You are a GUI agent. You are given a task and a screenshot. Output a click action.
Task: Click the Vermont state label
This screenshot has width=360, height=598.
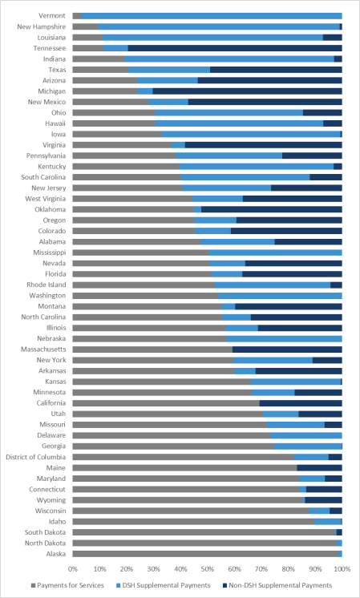tap(52, 16)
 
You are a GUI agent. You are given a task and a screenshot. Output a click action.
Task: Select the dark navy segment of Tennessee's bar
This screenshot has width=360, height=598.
tap(235, 48)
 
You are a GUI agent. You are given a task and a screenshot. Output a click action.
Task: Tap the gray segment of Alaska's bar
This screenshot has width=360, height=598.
tap(205, 554)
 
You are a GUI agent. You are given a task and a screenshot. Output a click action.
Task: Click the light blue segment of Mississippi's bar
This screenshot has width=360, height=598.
tap(275, 253)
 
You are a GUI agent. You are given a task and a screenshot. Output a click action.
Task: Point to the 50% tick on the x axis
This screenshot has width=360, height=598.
tap(208, 569)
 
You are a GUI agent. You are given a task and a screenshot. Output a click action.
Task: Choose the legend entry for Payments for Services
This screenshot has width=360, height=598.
tap(67, 585)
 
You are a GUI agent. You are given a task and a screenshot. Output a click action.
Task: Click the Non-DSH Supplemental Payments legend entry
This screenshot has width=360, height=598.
tap(277, 585)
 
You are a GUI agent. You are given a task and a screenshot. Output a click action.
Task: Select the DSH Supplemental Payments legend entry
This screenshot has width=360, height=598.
tap(164, 585)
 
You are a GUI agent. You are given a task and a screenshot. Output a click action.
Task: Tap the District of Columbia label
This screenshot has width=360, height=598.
tap(36, 457)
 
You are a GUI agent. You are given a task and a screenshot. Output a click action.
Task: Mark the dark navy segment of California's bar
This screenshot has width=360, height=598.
tap(301, 403)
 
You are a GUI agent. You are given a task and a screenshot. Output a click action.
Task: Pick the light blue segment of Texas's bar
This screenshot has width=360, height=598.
tap(169, 70)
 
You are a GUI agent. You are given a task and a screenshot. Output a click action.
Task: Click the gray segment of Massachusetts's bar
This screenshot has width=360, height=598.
tap(152, 350)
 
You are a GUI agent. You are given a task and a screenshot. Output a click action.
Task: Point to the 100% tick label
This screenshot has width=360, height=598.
tap(342, 569)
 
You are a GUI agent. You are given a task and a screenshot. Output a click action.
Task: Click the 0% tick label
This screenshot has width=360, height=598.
tap(73, 569)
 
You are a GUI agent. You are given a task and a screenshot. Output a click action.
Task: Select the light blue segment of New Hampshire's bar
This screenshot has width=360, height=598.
tap(219, 26)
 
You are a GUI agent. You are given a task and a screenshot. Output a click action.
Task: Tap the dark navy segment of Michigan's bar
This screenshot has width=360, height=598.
tap(247, 91)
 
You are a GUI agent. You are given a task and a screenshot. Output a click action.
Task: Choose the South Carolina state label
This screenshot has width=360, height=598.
tap(43, 177)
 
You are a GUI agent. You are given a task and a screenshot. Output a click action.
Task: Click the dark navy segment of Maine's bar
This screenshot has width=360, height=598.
tap(320, 468)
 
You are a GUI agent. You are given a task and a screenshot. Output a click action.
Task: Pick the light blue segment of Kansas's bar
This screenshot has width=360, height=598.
tap(296, 382)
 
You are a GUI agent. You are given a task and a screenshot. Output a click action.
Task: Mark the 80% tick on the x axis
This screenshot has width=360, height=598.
tap(289, 569)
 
